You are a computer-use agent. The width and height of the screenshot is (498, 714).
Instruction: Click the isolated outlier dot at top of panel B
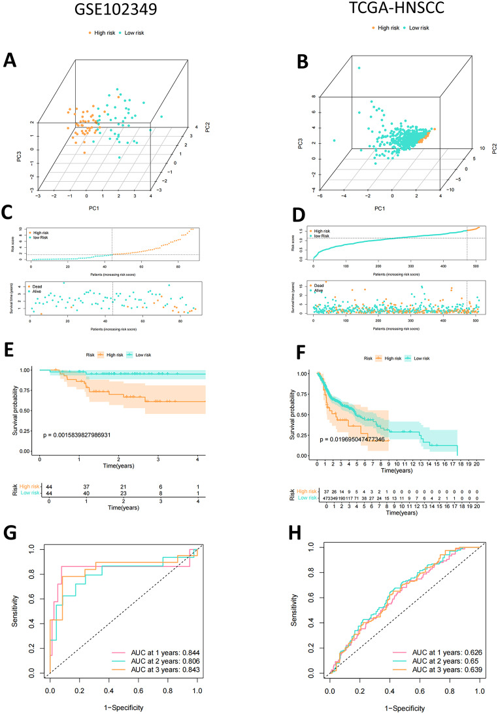357,67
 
